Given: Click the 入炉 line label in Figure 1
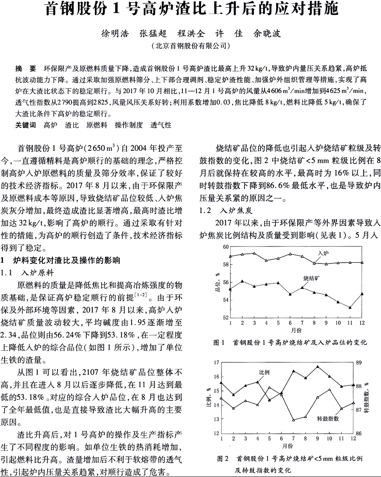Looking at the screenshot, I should click(x=324, y=252).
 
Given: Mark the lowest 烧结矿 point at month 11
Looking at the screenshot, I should click(x=350, y=308).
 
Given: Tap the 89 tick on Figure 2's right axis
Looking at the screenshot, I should click(x=359, y=363).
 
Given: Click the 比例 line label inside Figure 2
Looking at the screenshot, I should click(x=265, y=372).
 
